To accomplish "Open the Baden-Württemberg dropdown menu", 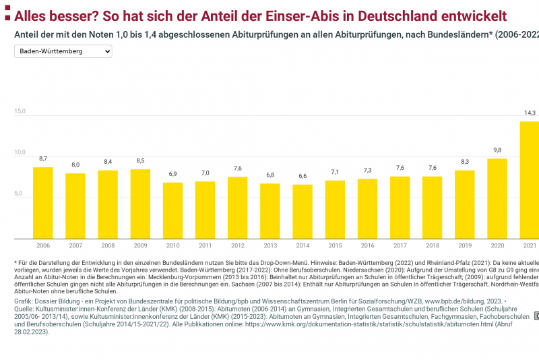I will tap(63, 51).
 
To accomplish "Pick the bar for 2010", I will tap(172, 210).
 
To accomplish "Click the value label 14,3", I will tap(530, 113).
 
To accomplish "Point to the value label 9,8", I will tap(497, 150).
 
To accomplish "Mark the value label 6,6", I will tap(303, 176).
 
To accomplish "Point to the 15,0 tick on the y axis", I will tap(20, 111).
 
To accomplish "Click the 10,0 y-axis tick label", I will tap(20, 152).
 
